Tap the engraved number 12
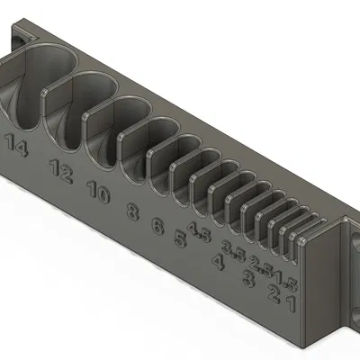[62, 170]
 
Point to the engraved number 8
[133, 212]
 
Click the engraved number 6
[158, 226]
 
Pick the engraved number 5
[180, 239]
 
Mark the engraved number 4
[217, 262]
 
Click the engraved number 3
[247, 277]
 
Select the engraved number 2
[273, 291]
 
